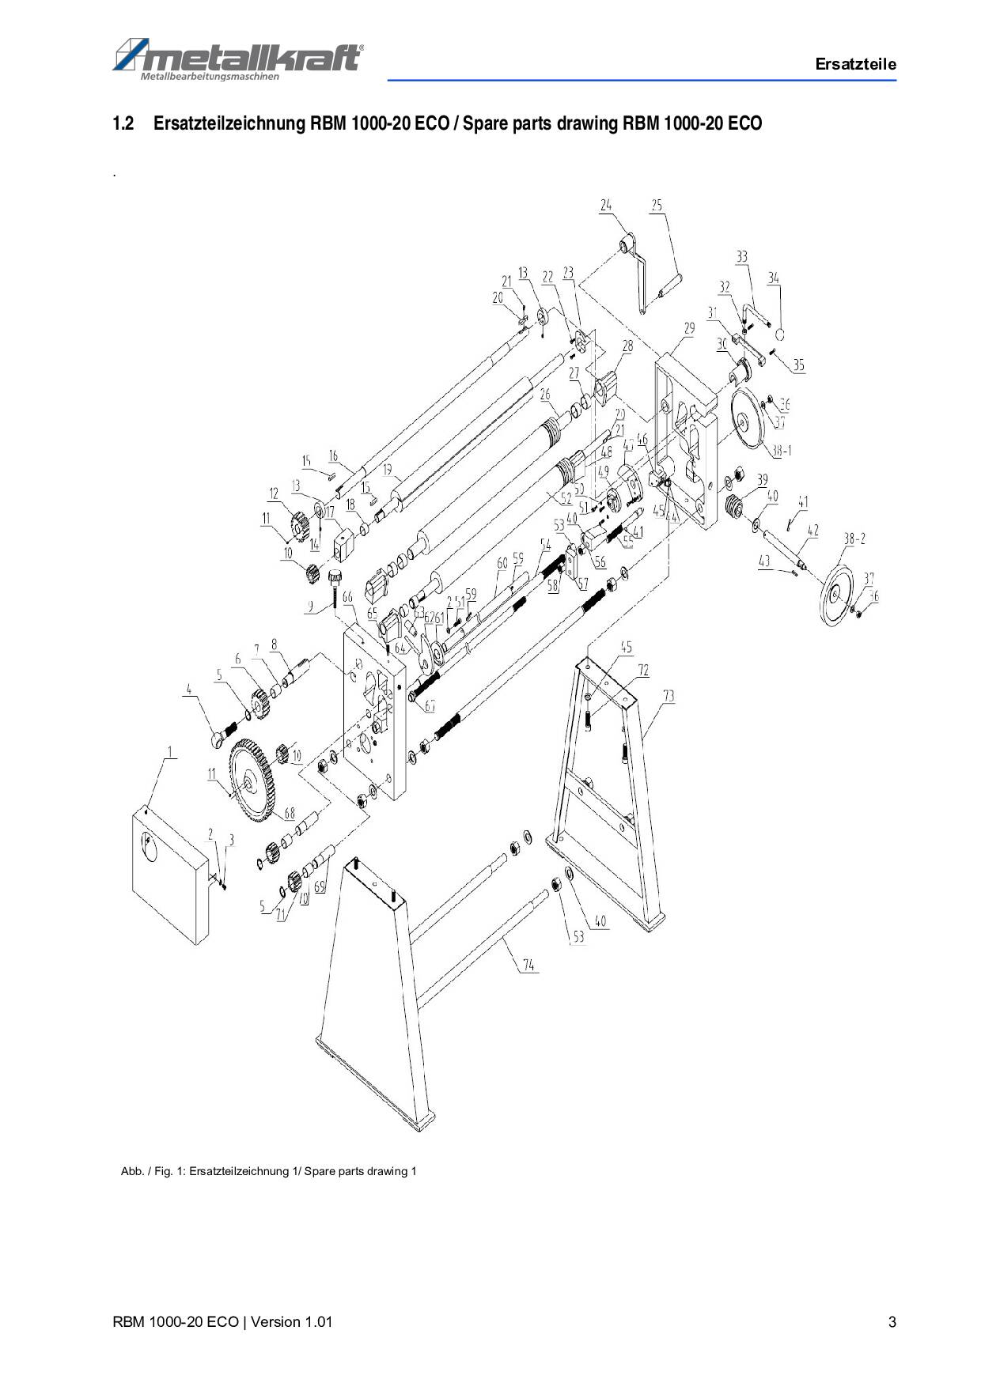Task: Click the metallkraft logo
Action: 237,58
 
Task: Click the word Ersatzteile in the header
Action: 855,65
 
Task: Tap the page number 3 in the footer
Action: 892,1322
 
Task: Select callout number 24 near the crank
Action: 605,206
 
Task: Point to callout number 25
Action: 657,206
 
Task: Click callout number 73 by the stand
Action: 669,696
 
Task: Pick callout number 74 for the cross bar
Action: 528,966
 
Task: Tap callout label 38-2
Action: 854,539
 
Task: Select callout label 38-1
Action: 782,451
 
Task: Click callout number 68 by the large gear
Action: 290,813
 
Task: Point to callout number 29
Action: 689,328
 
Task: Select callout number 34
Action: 773,278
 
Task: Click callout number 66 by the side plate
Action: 347,599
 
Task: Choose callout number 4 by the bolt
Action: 188,690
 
